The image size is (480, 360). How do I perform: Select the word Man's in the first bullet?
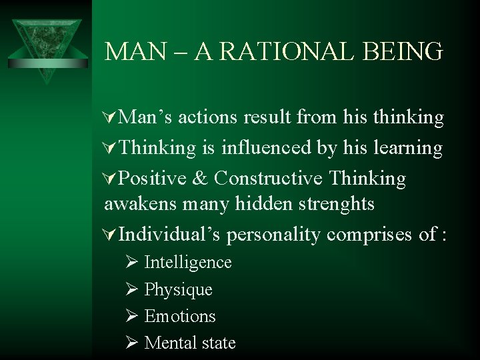click(151, 117)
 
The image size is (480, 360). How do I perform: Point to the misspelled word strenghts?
click(329, 203)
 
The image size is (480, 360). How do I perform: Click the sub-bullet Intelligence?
click(188, 263)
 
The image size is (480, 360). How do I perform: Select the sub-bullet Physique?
click(179, 290)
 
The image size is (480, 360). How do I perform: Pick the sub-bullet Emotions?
click(180, 316)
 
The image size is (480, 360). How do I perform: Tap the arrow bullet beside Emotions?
click(131, 316)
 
